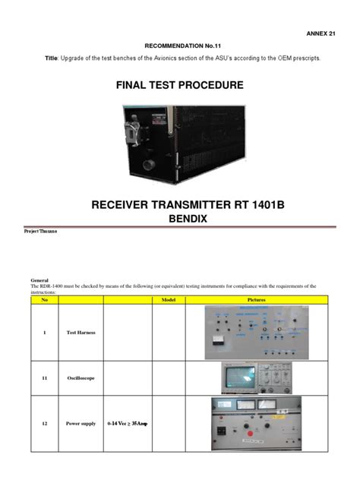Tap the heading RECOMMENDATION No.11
click(x=179, y=46)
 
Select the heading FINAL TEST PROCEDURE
click(x=179, y=85)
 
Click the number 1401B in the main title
click(x=251, y=203)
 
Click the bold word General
click(x=39, y=280)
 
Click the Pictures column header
click(x=257, y=300)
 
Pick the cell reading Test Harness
click(x=80, y=333)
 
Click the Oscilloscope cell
click(x=81, y=376)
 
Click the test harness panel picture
click(x=257, y=332)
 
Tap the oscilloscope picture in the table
click(x=257, y=376)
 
